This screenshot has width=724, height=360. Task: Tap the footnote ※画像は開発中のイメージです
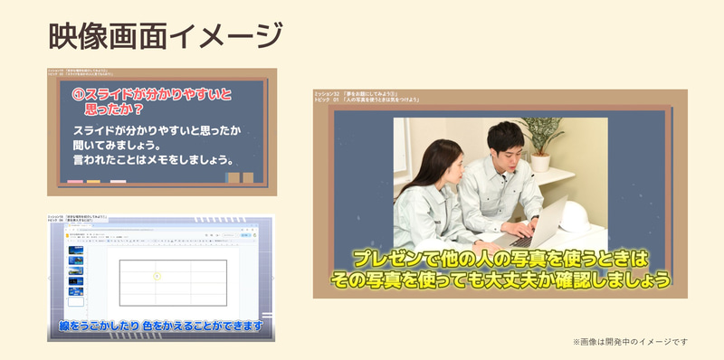[x=630, y=341]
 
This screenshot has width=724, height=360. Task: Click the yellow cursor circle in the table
[x=157, y=274]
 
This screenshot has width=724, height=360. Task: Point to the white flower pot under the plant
[x=540, y=162]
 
